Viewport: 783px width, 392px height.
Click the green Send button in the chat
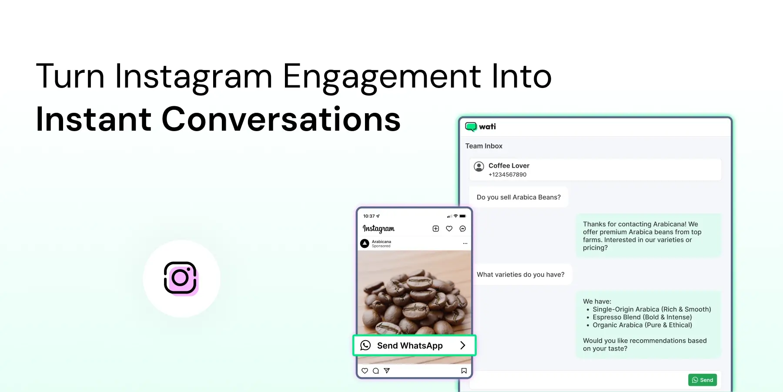[x=703, y=380]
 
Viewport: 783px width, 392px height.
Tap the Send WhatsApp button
[x=415, y=345]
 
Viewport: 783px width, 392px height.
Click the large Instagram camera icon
[x=180, y=278]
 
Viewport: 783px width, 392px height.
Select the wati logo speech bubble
[x=471, y=127]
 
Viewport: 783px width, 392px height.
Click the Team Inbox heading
[x=484, y=146]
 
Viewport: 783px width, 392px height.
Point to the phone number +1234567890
[x=507, y=175]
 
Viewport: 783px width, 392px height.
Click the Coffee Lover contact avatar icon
[x=479, y=166]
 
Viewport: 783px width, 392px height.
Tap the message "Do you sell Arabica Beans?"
[x=519, y=197]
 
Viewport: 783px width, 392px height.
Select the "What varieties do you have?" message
[x=521, y=274]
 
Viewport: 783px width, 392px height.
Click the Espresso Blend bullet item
[x=642, y=317]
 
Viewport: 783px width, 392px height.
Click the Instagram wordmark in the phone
[x=378, y=229]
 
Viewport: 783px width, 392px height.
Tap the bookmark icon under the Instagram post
[x=464, y=371]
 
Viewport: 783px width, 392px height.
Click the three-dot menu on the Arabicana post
[x=465, y=243]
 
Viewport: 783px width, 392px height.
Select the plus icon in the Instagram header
[x=436, y=229]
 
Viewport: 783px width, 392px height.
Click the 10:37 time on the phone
[x=369, y=216]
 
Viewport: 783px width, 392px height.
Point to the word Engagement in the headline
[x=382, y=77]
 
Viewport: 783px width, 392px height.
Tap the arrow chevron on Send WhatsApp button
[x=463, y=345]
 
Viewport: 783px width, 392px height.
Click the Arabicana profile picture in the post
[x=365, y=243]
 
